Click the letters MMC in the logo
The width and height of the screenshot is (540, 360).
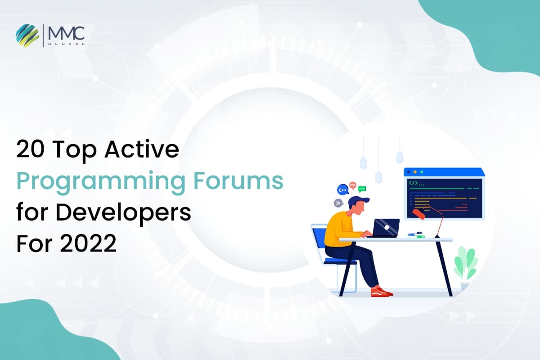pyautogui.click(x=66, y=31)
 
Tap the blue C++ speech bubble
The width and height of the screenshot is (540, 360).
pyautogui.click(x=343, y=190)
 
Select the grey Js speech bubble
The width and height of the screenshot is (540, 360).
pyautogui.click(x=338, y=203)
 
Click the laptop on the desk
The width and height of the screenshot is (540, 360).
pyautogui.click(x=385, y=228)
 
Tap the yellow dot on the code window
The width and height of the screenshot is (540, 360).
pyautogui.click(x=414, y=172)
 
